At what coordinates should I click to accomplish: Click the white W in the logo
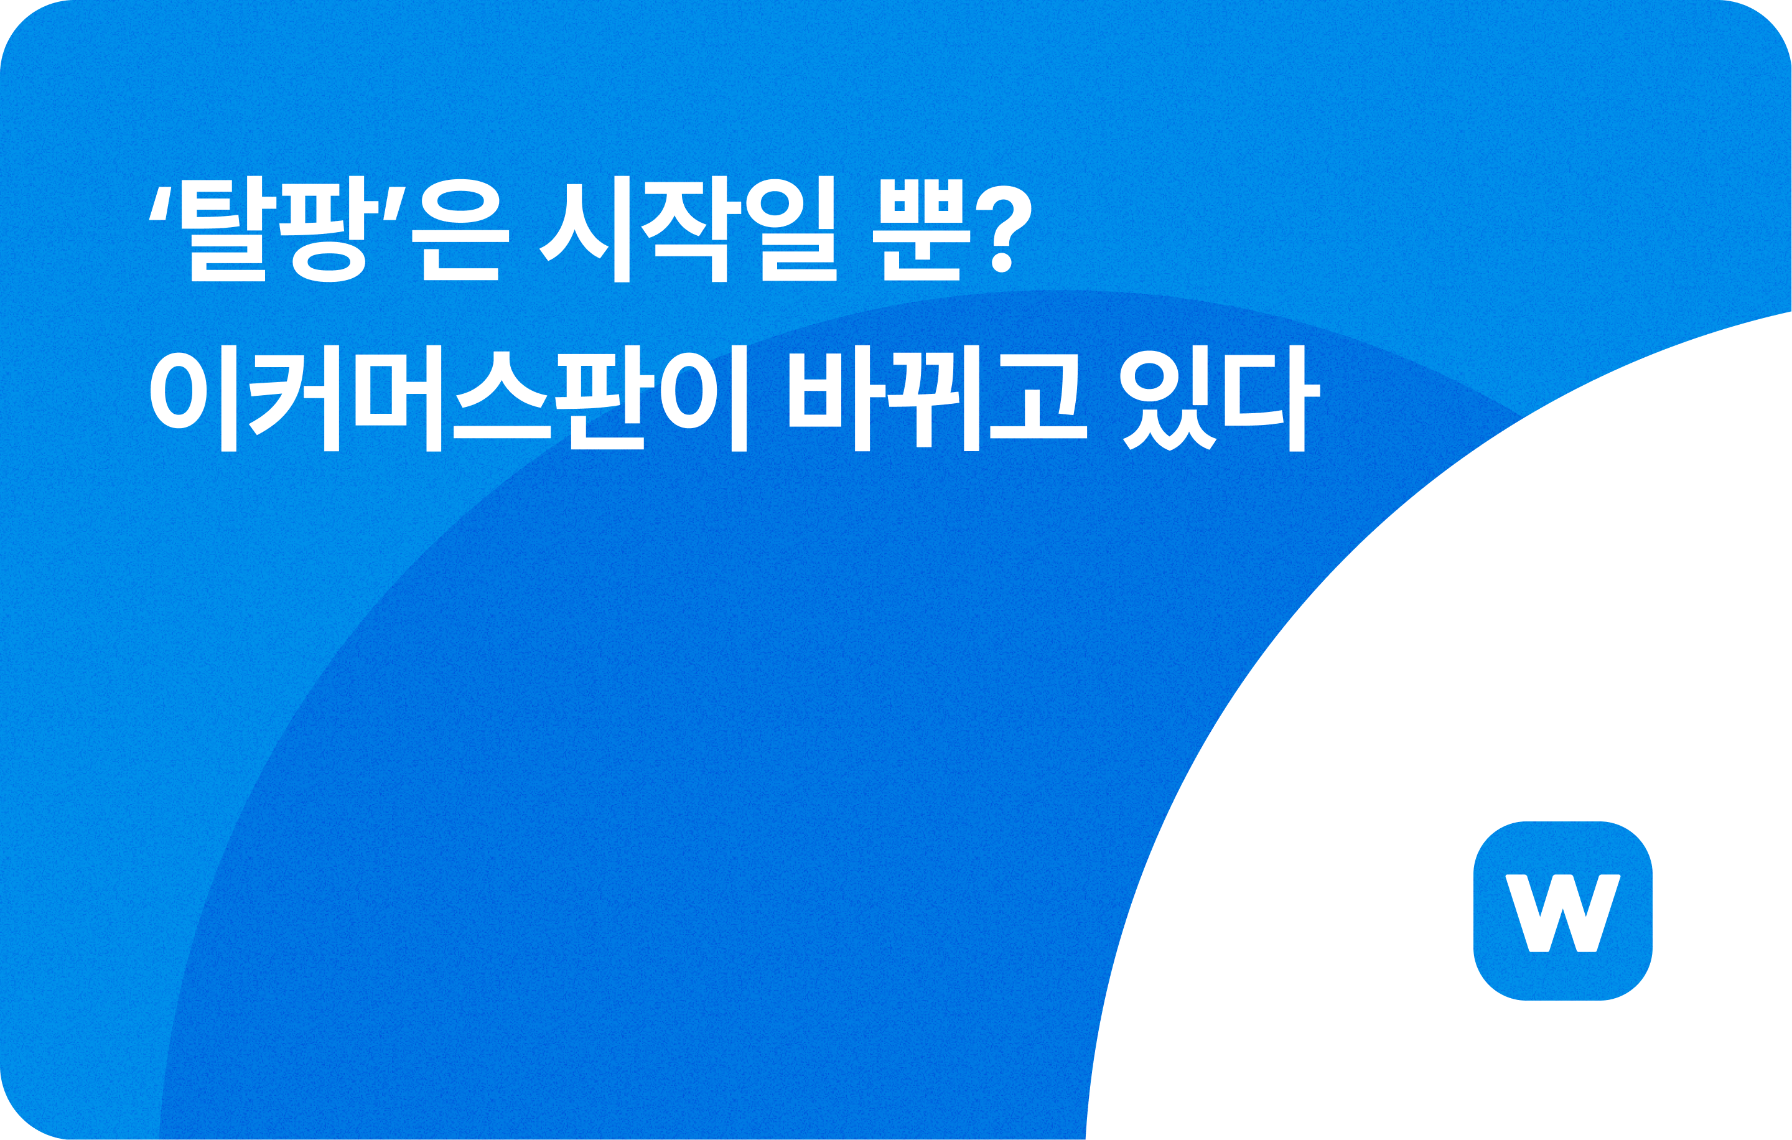pos(1563,912)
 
